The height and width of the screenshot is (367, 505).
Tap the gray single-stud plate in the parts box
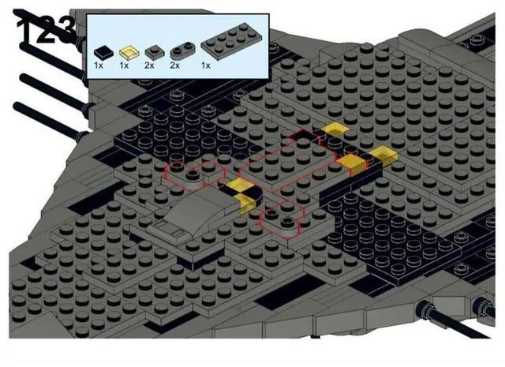[x=152, y=51]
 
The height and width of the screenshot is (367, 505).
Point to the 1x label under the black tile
[x=99, y=66]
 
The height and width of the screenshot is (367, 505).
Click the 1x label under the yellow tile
[x=124, y=66]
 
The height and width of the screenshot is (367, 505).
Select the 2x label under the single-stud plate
[x=151, y=66]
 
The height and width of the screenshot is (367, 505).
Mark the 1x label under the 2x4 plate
[x=206, y=66]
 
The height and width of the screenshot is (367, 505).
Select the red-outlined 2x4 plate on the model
[x=288, y=162]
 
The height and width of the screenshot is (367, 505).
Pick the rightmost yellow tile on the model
[x=383, y=155]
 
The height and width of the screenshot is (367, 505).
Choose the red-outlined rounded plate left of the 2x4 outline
[x=194, y=172]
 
